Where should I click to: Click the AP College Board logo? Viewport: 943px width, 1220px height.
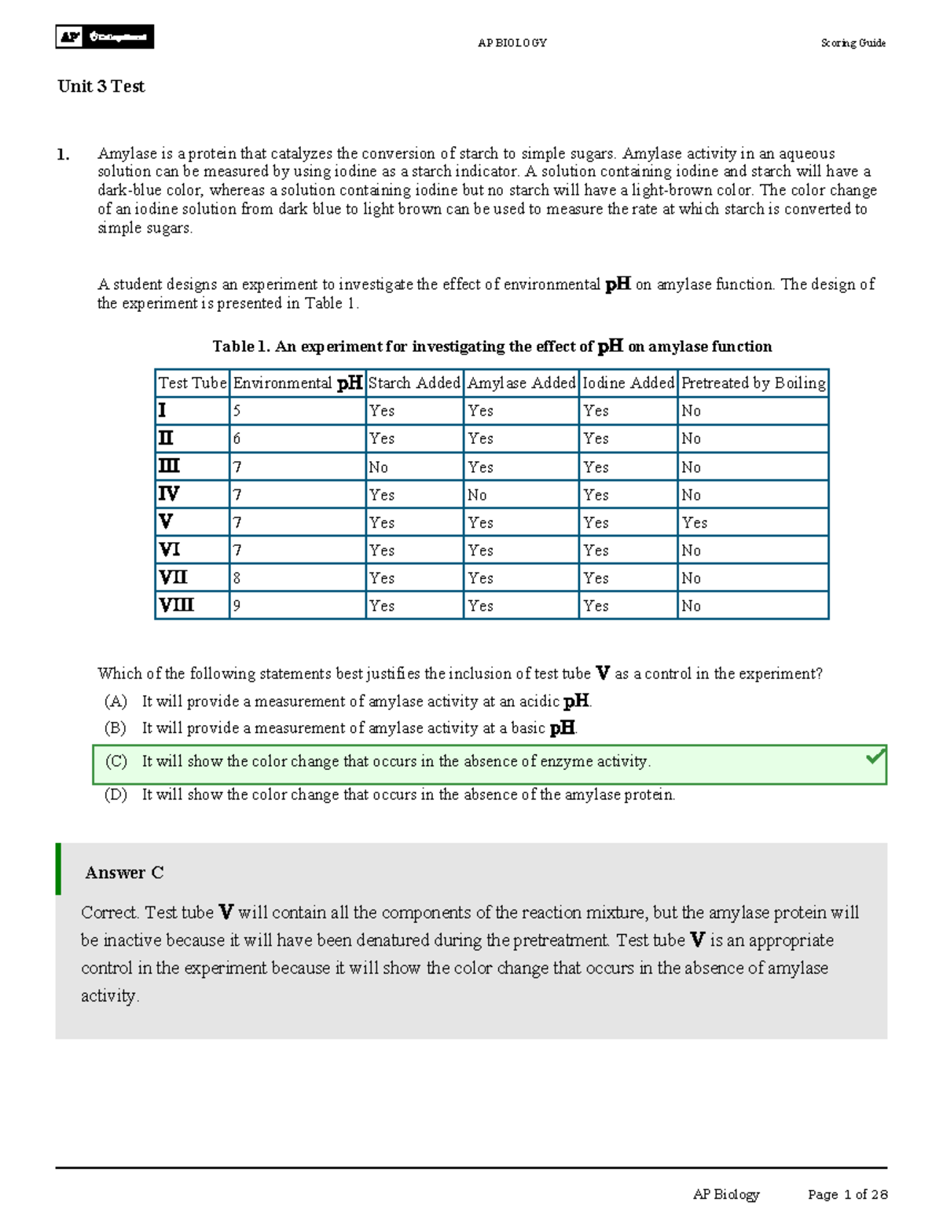coord(105,37)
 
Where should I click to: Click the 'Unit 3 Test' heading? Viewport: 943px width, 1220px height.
coord(101,86)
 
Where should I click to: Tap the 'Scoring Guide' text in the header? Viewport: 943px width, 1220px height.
coord(853,43)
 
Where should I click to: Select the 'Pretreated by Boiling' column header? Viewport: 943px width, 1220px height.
coord(753,383)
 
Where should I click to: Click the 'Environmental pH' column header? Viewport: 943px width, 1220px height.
coord(297,383)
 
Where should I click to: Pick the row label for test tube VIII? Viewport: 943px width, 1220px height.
coord(177,606)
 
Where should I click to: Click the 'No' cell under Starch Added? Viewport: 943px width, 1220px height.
coord(379,467)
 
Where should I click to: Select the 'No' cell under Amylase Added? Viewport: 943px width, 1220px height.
coord(477,495)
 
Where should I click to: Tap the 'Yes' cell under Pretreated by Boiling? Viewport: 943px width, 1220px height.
coord(694,522)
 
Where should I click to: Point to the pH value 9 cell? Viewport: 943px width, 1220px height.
coord(237,606)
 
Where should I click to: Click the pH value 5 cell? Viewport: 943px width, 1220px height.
coord(237,411)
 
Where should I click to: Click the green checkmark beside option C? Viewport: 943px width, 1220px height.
coord(875,757)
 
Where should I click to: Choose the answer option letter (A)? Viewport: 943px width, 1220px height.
coord(116,701)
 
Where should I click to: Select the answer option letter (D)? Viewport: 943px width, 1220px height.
coord(116,794)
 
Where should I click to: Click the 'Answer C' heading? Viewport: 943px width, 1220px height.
coord(124,873)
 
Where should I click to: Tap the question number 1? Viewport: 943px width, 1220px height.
coord(63,155)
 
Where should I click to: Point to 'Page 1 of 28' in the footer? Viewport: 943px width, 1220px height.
coord(847,1194)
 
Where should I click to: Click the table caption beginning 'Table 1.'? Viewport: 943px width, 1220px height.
coord(492,346)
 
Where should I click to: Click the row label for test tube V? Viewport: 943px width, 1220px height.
coord(166,522)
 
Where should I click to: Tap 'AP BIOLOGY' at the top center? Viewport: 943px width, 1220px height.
coord(512,43)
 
